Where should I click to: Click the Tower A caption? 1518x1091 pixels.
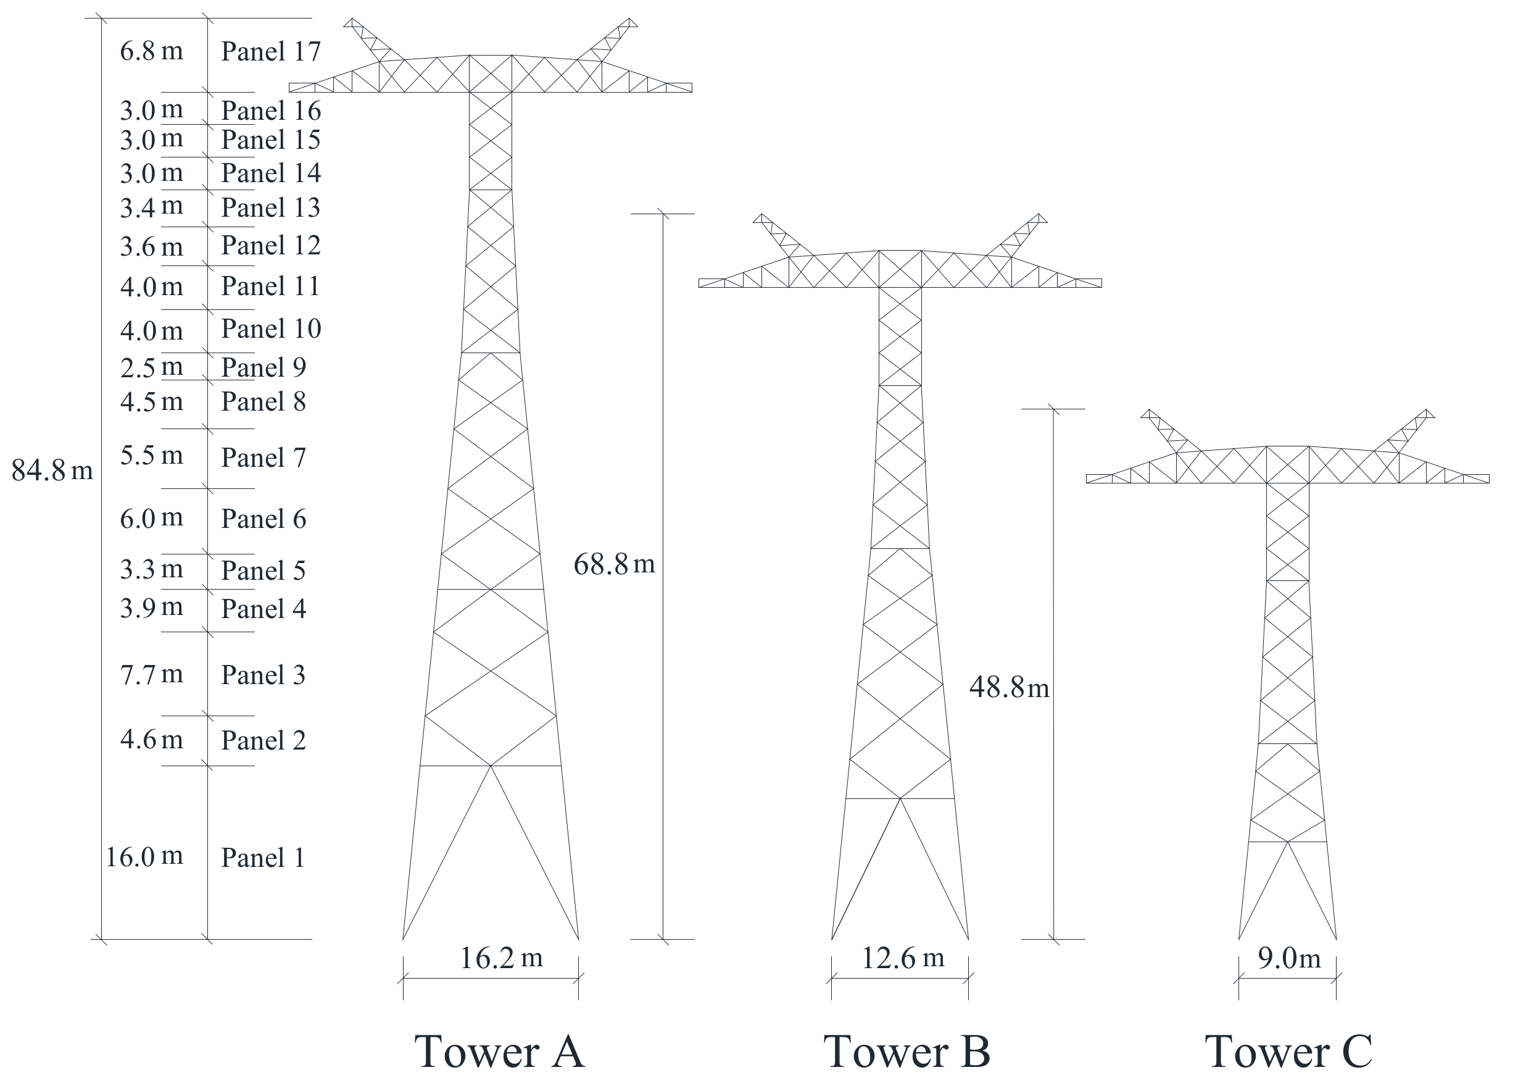point(499,1051)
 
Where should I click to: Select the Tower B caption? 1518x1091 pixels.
point(906,1051)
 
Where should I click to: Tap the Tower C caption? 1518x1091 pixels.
point(1288,1051)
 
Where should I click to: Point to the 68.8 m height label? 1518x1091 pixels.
point(614,564)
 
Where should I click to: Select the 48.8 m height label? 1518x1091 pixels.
point(1009,687)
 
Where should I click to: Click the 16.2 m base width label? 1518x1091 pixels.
point(500,958)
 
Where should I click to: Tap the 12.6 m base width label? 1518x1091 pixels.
point(902,958)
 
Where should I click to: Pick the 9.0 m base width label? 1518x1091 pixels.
point(1288,958)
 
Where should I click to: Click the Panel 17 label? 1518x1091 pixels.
point(270,52)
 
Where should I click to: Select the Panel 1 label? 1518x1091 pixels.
point(263,858)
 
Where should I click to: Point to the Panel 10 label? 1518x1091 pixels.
point(270,329)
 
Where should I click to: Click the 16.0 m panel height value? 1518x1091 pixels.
point(144,856)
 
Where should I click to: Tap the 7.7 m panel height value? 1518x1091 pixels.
point(151,674)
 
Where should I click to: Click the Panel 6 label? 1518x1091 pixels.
point(263,519)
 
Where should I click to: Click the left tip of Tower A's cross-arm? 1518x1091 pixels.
point(291,88)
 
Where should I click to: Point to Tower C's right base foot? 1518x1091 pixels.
point(1336,939)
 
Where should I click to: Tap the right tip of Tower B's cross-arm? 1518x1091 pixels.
point(1100,283)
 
